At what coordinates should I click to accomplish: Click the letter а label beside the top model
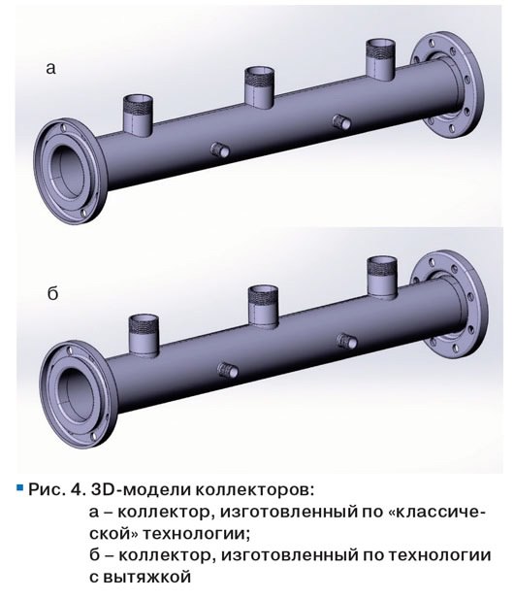50,68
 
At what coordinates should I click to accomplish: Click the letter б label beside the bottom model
52,293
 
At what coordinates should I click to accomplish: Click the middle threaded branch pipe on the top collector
259,87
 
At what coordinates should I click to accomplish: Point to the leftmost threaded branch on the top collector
138,116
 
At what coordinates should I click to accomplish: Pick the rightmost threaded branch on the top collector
380,59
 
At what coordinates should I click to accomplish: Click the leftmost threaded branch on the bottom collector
144,335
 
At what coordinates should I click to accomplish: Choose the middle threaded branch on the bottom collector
263,307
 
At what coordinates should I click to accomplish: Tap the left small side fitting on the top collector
220,150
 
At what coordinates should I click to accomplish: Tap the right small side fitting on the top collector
341,122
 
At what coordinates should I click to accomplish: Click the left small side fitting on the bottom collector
228,370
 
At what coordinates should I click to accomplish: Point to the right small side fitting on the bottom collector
347,341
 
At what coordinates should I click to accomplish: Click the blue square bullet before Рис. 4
20,487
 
